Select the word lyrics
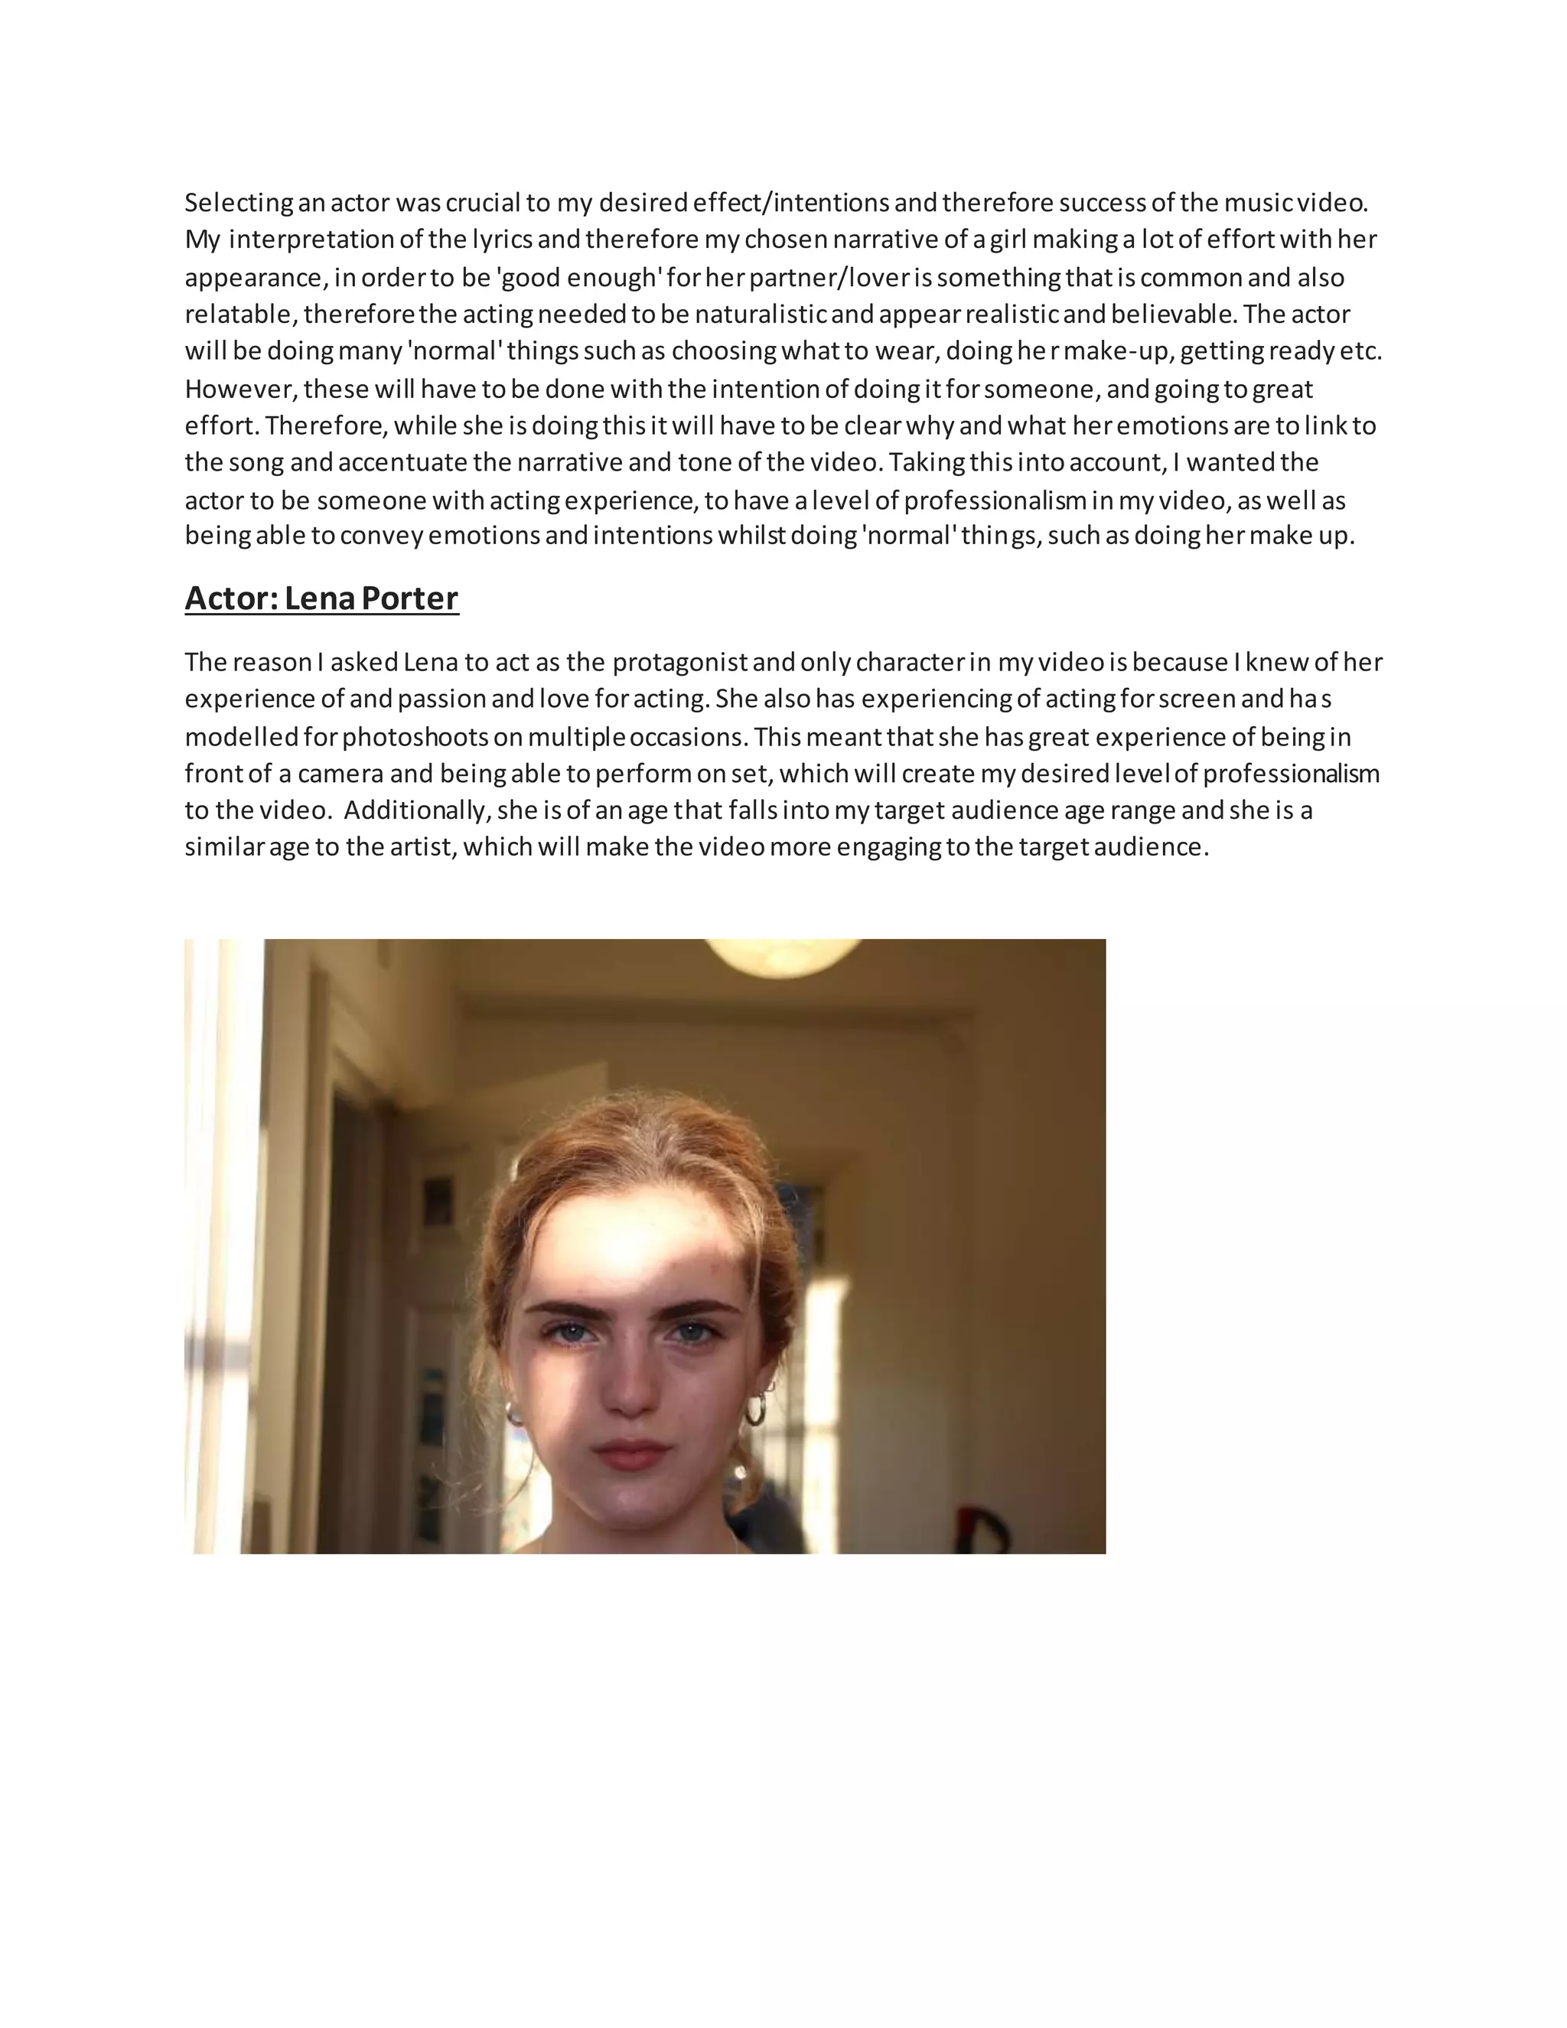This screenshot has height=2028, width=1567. (502, 240)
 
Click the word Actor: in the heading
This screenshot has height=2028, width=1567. (231, 598)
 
